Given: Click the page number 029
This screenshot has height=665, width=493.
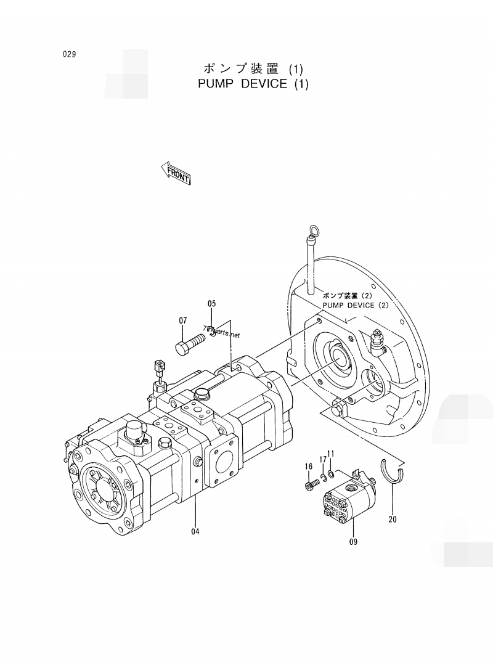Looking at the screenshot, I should pyautogui.click(x=69, y=54).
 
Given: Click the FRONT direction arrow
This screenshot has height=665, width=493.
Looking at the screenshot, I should pyautogui.click(x=176, y=173).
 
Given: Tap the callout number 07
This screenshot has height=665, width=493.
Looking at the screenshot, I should pyautogui.click(x=183, y=320).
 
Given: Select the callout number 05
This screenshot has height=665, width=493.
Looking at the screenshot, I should pyautogui.click(x=211, y=303).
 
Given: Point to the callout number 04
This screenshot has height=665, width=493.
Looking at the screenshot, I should pyautogui.click(x=195, y=531).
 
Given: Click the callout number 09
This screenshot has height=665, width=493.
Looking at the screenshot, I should pyautogui.click(x=353, y=542).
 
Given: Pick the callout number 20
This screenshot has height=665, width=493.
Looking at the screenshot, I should pyautogui.click(x=393, y=519).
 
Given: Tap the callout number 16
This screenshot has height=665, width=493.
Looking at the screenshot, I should pyautogui.click(x=309, y=467).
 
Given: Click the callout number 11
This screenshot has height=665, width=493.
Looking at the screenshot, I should pyautogui.click(x=331, y=454).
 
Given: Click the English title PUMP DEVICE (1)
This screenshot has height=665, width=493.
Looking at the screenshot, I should pyautogui.click(x=253, y=83).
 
